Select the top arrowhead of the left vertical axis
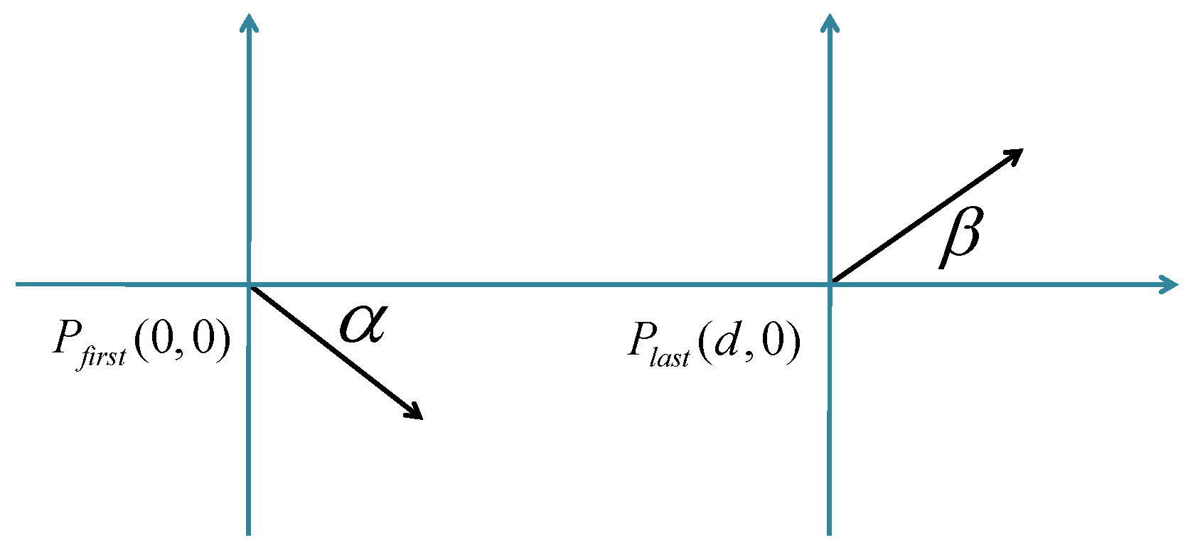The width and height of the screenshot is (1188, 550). [248, 23]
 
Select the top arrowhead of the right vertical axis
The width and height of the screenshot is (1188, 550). [829, 23]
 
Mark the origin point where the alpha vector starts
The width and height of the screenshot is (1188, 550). [249, 285]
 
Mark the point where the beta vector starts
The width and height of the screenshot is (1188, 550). [830, 284]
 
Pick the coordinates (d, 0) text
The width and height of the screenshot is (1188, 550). [749, 342]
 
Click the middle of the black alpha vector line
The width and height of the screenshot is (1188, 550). [335, 352]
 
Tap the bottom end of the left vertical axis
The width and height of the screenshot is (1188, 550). [248, 532]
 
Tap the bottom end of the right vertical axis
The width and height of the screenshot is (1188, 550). [829, 532]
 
